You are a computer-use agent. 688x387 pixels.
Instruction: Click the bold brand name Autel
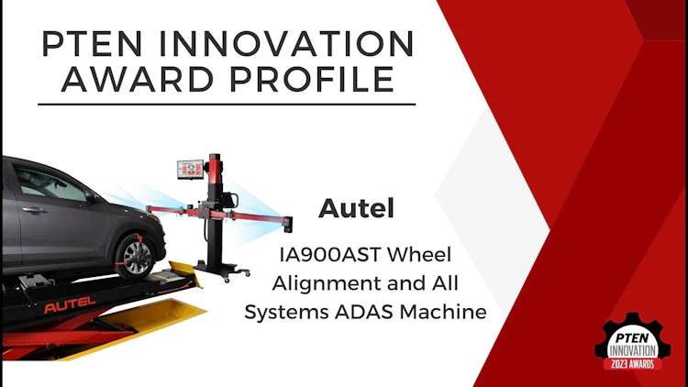click(x=356, y=208)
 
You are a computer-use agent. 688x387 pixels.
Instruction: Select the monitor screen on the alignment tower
click(x=190, y=170)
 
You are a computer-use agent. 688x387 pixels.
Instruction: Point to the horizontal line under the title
click(x=227, y=105)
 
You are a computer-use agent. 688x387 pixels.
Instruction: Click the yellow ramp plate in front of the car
click(x=183, y=271)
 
